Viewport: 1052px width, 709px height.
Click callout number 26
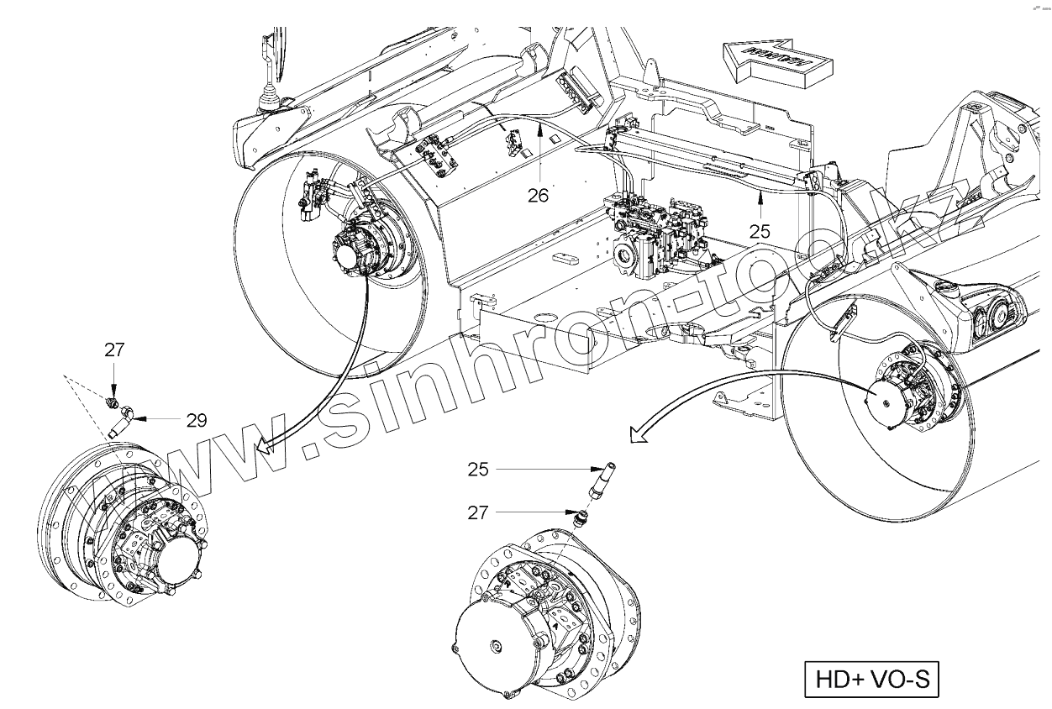coord(538,195)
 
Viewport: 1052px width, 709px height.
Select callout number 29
coord(197,419)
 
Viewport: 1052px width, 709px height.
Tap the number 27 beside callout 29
coord(114,349)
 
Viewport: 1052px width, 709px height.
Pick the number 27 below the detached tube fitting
coord(478,512)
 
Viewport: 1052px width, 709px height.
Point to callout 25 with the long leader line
coord(478,470)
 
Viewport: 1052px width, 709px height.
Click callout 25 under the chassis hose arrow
coord(760,228)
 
